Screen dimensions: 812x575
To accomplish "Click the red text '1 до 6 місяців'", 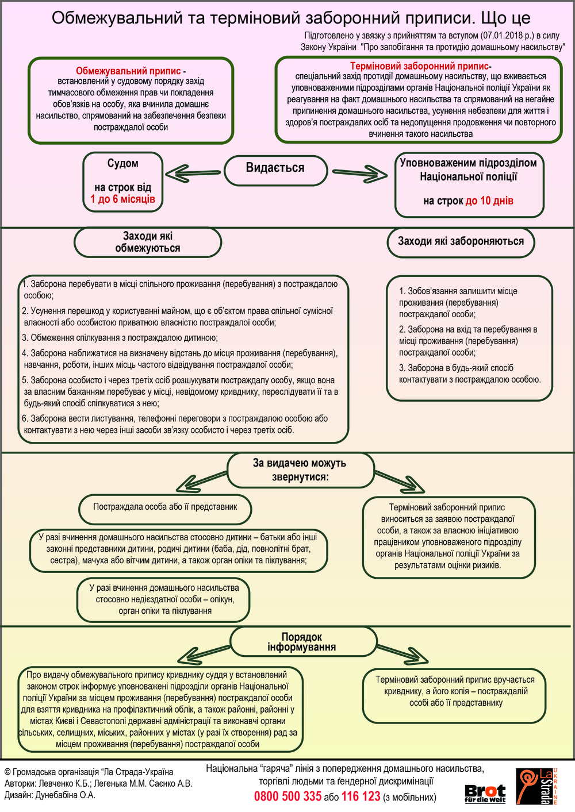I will [x=122, y=199].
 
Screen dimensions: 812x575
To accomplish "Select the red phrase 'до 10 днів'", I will [x=489, y=201].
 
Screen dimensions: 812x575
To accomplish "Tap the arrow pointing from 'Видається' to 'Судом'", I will [x=193, y=172].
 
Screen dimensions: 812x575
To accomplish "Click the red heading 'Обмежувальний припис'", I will [x=128, y=71].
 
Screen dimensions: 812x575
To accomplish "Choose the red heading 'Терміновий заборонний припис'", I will [x=419, y=66].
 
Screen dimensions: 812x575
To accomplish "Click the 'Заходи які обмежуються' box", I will [x=148, y=242].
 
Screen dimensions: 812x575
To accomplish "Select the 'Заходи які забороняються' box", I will [x=461, y=241].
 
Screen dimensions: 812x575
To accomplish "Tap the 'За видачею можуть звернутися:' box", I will [x=300, y=470].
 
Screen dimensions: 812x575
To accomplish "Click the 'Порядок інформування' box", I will [x=302, y=642].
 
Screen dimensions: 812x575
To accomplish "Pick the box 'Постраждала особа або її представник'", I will [x=165, y=507].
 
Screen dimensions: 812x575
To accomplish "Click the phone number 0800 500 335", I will [x=287, y=796].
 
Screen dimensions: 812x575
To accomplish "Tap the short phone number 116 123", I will [x=361, y=796].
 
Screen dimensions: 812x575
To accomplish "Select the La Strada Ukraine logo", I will [x=536, y=787].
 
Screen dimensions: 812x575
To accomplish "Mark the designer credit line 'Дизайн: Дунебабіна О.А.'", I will [x=50, y=795].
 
